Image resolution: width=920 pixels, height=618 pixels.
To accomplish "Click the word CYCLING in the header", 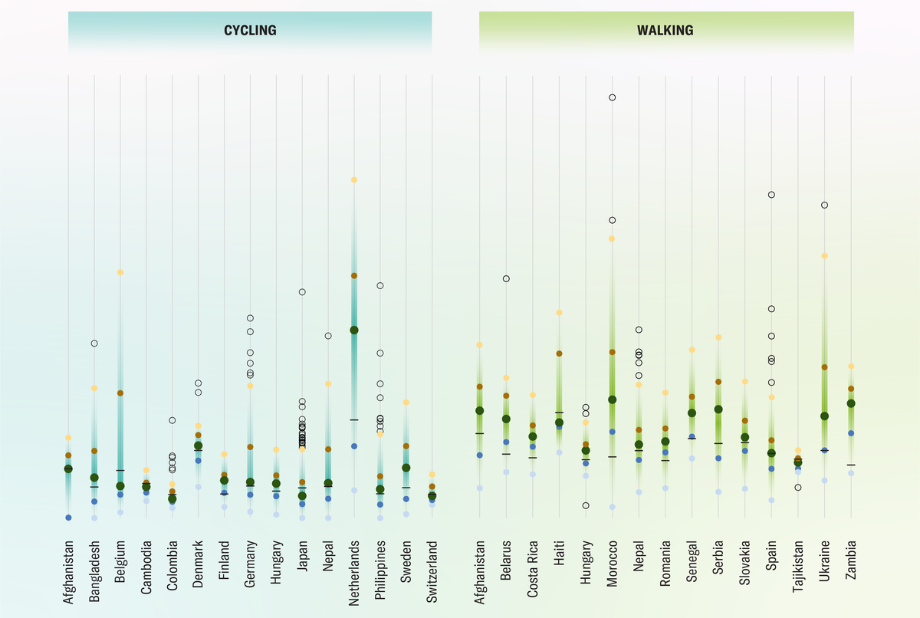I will (250, 31).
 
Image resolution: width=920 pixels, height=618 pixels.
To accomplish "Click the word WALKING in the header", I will (665, 31).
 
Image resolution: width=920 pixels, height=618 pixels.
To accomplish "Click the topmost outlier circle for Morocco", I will (612, 97).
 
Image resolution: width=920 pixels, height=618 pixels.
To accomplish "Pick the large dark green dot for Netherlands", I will (354, 330).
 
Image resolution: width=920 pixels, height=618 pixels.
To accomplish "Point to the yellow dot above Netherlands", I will (354, 179).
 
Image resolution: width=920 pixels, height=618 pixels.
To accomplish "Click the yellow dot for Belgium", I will (120, 272).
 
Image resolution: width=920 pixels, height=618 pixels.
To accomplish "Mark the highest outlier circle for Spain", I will (771, 195).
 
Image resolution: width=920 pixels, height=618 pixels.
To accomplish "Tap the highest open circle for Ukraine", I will (824, 205).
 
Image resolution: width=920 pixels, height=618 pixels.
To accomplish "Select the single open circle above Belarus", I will (506, 278).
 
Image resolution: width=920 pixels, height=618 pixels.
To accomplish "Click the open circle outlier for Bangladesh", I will (94, 343).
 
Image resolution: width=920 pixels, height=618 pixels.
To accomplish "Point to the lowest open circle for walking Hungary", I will (586, 505).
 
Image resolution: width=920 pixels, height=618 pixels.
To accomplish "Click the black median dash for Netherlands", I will (354, 419).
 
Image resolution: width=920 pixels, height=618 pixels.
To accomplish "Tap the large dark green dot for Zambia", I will (850, 403).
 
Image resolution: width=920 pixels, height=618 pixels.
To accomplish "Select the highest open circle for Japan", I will (302, 292).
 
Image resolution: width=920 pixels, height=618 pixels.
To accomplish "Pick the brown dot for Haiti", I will (560, 353).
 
